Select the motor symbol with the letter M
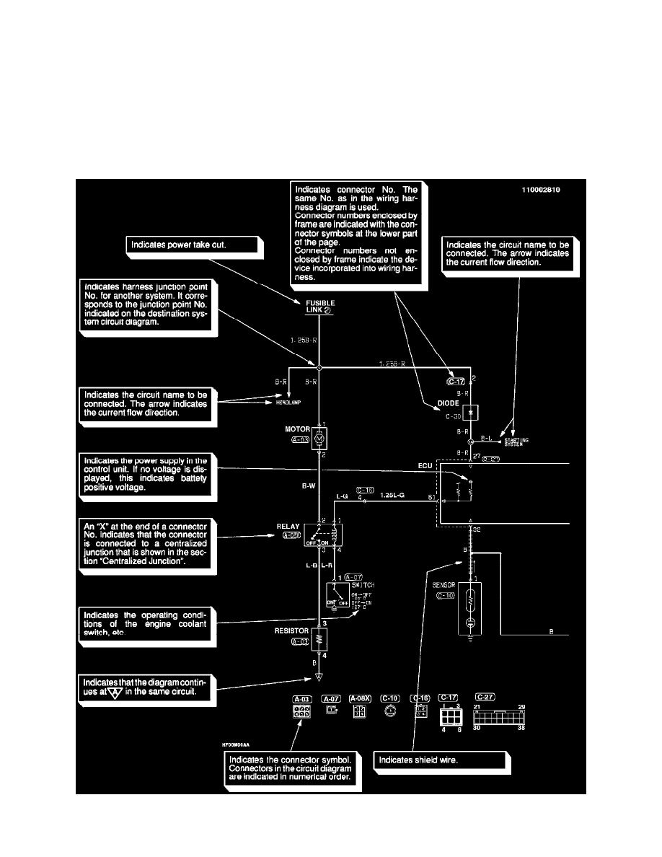click(319, 437)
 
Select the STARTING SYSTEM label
click(515, 442)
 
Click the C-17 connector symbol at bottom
click(449, 715)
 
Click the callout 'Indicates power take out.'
click(191, 245)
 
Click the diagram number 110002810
click(541, 190)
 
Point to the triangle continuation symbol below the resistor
click(318, 678)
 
